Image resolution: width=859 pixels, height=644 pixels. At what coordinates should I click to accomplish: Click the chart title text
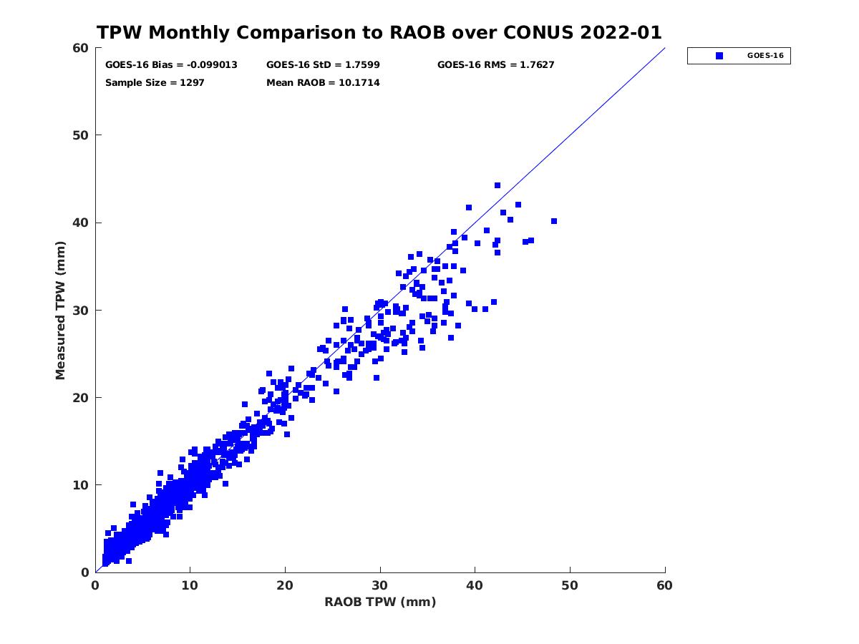[379, 33]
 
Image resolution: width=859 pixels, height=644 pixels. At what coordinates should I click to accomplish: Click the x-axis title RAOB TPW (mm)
[380, 602]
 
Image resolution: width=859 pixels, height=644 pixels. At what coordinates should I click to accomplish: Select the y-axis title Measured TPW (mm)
[61, 310]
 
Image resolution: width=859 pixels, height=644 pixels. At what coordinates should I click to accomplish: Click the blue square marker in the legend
[719, 56]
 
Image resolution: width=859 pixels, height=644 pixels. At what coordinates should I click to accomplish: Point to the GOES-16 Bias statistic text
[171, 65]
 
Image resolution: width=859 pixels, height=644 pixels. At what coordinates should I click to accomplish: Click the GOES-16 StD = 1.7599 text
[323, 65]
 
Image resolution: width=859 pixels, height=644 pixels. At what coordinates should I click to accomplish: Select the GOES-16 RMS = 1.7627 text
[495, 65]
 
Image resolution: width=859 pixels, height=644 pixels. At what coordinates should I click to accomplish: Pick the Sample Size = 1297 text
[155, 83]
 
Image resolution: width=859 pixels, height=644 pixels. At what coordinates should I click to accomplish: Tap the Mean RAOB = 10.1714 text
[323, 83]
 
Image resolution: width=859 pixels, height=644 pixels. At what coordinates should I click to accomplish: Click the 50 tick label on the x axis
[570, 585]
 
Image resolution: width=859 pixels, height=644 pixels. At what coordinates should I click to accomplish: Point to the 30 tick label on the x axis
[380, 585]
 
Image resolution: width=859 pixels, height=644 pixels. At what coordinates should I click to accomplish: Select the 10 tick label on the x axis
[190, 585]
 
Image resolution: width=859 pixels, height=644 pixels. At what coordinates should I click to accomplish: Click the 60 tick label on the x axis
[664, 585]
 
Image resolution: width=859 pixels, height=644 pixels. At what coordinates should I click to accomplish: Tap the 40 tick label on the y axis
[81, 223]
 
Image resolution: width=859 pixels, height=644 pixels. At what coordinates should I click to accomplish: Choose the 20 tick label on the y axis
[81, 398]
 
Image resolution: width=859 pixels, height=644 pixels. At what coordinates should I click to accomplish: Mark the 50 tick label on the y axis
[81, 135]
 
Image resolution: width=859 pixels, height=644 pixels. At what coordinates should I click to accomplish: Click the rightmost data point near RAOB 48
[554, 221]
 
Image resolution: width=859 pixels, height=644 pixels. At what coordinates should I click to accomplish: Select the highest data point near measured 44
[498, 185]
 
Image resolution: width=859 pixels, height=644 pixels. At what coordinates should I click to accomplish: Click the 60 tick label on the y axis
[81, 48]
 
